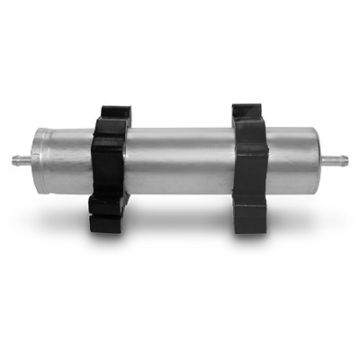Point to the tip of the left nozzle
pos(13,160)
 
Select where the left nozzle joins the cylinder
pos(32,160)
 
